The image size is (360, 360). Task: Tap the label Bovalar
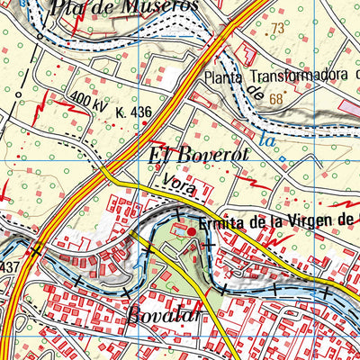[x=136, y=317]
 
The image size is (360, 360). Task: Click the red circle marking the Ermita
[x=190, y=232]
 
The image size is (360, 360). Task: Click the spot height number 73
[x=275, y=29]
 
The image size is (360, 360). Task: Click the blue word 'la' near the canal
[x=264, y=139]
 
